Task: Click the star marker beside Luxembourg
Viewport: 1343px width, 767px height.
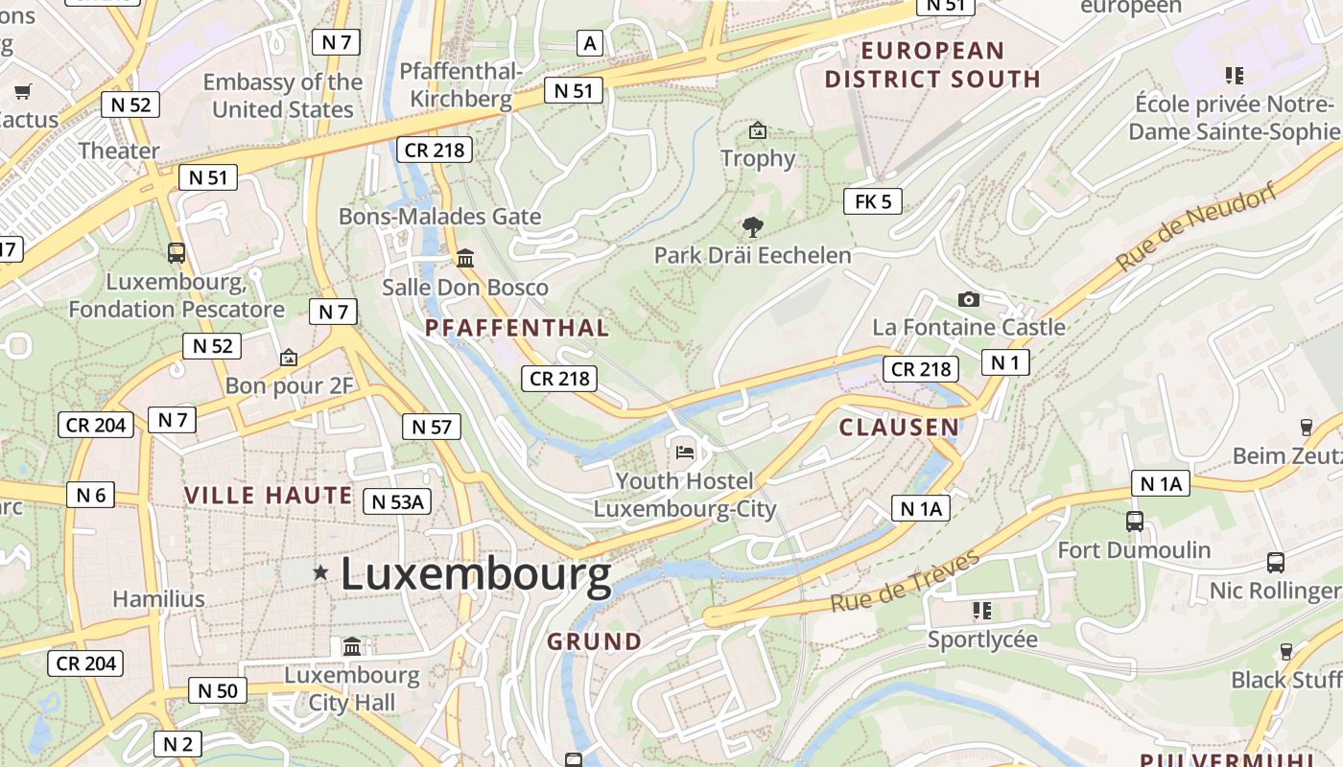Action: tap(320, 572)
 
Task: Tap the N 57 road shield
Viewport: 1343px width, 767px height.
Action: tap(431, 427)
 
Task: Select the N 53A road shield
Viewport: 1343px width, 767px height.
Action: tap(397, 500)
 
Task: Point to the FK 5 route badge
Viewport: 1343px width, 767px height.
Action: tap(873, 201)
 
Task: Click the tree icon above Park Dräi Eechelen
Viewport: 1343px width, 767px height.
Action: tap(753, 227)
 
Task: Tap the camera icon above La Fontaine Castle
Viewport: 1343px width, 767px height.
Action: tap(969, 299)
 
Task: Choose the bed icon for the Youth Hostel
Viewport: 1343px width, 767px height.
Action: tap(685, 452)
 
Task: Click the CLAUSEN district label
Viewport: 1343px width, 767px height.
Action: tap(899, 428)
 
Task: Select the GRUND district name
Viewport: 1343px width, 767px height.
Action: tap(595, 641)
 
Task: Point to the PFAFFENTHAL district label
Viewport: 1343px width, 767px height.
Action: tap(517, 328)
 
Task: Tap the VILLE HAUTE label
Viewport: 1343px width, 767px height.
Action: tap(269, 496)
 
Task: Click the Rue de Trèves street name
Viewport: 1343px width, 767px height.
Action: tap(905, 580)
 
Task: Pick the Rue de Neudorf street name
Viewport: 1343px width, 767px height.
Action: tap(1196, 227)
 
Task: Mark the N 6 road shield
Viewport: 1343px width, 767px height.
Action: tap(91, 495)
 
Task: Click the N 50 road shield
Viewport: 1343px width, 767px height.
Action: tap(217, 690)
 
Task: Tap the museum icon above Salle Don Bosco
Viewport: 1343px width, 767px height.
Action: tap(465, 259)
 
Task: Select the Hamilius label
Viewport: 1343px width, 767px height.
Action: tap(158, 599)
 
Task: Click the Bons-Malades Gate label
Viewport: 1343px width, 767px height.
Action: tap(439, 217)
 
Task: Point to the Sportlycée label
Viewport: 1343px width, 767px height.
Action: tap(982, 639)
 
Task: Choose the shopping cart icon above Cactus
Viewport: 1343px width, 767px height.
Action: tap(22, 92)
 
